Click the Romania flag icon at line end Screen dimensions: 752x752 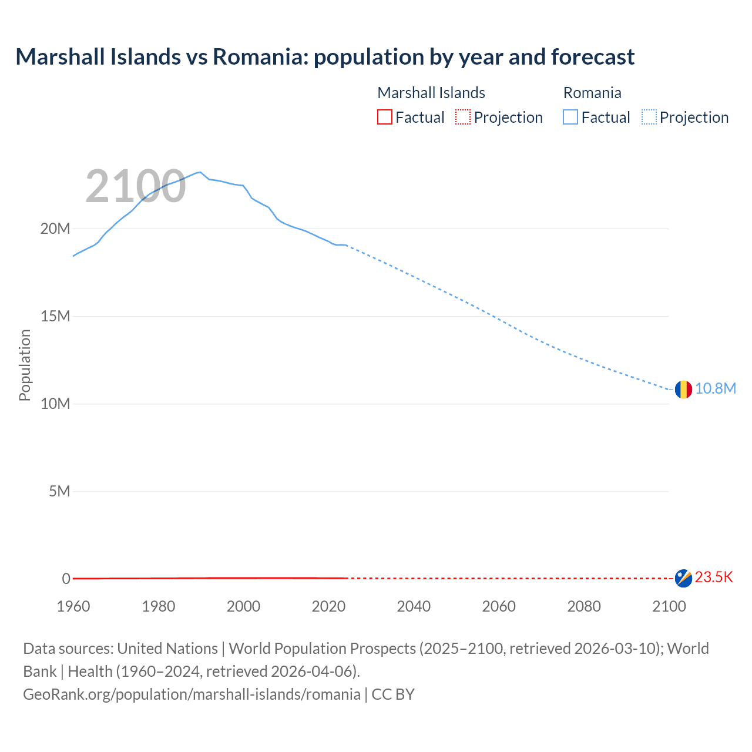pyautogui.click(x=683, y=389)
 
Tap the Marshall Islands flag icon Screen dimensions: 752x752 pyautogui.click(x=683, y=578)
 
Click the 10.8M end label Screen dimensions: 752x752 pyautogui.click(x=715, y=389)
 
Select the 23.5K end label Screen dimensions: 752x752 pyautogui.click(x=714, y=578)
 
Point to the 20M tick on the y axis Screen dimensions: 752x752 pyautogui.click(x=55, y=229)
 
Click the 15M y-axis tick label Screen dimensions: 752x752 pyautogui.click(x=55, y=316)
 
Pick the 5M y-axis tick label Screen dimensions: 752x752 pyautogui.click(x=59, y=491)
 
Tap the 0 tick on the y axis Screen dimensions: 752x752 pyautogui.click(x=66, y=579)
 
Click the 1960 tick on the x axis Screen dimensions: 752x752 pyautogui.click(x=73, y=606)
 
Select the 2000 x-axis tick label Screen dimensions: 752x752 pyautogui.click(x=243, y=606)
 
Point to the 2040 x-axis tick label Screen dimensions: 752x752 pyautogui.click(x=414, y=606)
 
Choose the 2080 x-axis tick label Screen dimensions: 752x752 pyautogui.click(x=583, y=606)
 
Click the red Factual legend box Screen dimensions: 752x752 pyautogui.click(x=384, y=117)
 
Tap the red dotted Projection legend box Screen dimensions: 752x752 pyautogui.click(x=463, y=117)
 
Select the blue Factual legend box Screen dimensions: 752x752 pyautogui.click(x=570, y=117)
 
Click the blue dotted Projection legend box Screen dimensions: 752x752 pyautogui.click(x=649, y=117)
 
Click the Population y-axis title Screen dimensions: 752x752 pyautogui.click(x=25, y=365)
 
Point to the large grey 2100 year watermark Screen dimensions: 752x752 pyautogui.click(x=136, y=187)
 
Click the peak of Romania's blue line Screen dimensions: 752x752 pyautogui.click(x=200, y=172)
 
